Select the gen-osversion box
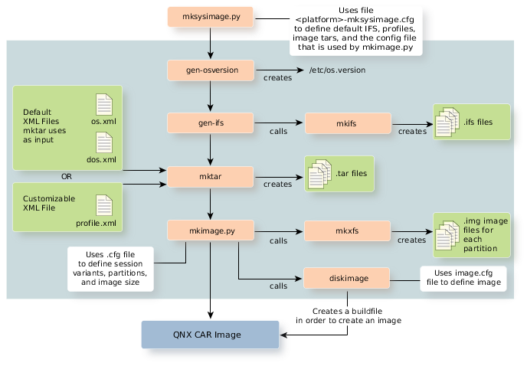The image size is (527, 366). pos(211,70)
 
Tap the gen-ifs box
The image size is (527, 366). pos(211,123)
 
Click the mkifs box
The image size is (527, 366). pos(348,123)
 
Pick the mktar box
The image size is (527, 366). pos(211,175)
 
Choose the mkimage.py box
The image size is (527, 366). pos(211,229)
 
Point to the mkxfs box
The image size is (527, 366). pos(348,229)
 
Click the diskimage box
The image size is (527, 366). pos(348,277)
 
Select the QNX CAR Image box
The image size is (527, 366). pos(211,335)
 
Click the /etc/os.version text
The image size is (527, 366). pos(336,70)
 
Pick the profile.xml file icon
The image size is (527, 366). pos(103,208)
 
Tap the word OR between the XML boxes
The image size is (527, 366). pos(67,175)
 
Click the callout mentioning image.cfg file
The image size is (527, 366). pos(462,277)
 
